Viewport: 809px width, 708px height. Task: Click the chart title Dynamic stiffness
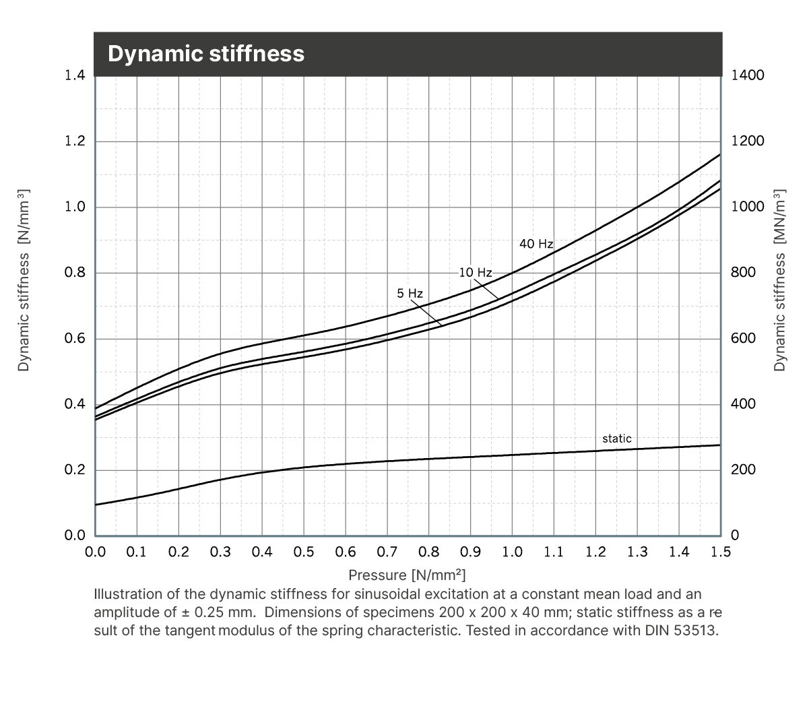coord(206,54)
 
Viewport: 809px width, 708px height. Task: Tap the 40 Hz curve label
coord(536,244)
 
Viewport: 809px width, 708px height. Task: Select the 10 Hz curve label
coord(476,273)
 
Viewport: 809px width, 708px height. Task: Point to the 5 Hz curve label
coord(410,294)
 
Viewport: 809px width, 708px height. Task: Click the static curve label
coord(617,439)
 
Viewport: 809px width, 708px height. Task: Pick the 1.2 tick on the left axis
coord(75,141)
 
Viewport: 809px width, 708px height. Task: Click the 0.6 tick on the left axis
coord(75,338)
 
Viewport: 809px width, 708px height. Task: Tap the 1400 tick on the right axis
coord(748,75)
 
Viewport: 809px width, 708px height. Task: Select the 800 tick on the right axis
coord(744,272)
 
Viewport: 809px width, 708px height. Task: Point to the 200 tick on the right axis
coord(744,470)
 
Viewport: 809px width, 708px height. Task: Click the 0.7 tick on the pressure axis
coord(387,552)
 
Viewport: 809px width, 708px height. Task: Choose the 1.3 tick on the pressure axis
coord(637,552)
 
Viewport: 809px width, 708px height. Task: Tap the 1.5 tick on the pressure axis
coord(721,552)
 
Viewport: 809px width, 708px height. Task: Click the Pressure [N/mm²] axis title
coord(407,575)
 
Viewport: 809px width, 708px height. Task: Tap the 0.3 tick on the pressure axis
coord(220,552)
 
